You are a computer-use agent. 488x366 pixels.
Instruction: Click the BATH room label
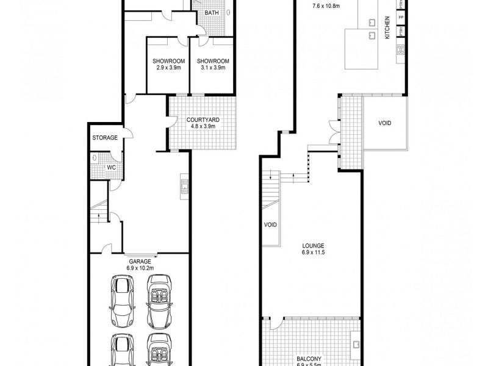[212, 13]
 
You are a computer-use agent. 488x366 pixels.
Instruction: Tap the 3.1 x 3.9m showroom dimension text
[213, 68]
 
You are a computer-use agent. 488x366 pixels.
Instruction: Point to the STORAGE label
[104, 138]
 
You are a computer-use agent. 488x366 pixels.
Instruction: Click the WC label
[112, 167]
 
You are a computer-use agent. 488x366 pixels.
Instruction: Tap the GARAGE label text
[139, 261]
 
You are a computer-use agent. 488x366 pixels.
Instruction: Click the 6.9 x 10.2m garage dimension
[139, 268]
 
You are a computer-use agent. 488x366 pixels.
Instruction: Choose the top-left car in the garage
[121, 296]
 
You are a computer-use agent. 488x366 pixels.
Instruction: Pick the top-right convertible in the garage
[159, 296]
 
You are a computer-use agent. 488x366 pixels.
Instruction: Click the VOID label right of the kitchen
[384, 123]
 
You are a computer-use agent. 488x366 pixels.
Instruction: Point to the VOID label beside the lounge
[270, 224]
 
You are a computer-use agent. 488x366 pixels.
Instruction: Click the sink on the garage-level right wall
[183, 185]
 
